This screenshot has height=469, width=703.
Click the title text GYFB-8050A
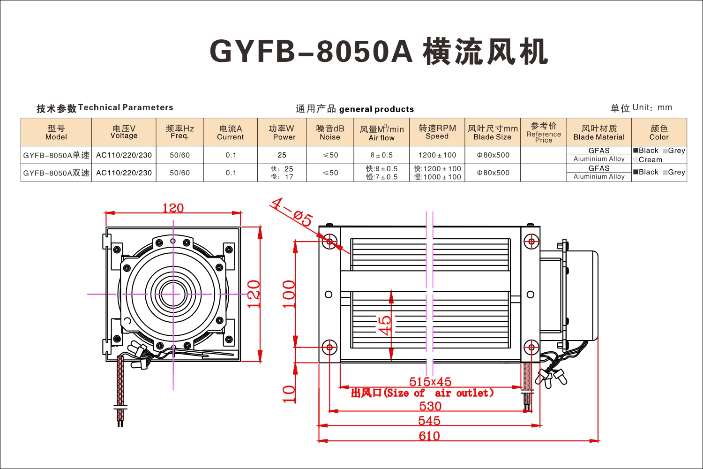coord(311,51)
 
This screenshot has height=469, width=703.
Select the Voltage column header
coord(124,132)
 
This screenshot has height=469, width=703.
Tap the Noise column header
coord(330,132)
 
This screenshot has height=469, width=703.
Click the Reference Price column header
coord(544,132)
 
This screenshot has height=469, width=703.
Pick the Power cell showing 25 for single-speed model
coord(282,155)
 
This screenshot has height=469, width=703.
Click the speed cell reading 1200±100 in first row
coord(437,155)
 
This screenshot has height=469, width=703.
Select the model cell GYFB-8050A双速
coord(56,173)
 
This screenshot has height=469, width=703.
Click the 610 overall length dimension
coord(429,436)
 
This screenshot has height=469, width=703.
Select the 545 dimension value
coord(429,421)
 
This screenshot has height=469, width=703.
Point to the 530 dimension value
coord(430,406)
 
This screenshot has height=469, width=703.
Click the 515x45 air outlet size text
coord(430,382)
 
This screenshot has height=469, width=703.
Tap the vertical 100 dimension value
coord(289,295)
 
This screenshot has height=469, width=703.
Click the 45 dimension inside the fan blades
coord(384,326)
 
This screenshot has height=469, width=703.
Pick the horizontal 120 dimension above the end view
coord(173,208)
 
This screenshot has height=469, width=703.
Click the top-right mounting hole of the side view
coord(531,242)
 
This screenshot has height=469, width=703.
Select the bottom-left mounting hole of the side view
coord(329,348)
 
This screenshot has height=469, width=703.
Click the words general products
coord(377,109)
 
